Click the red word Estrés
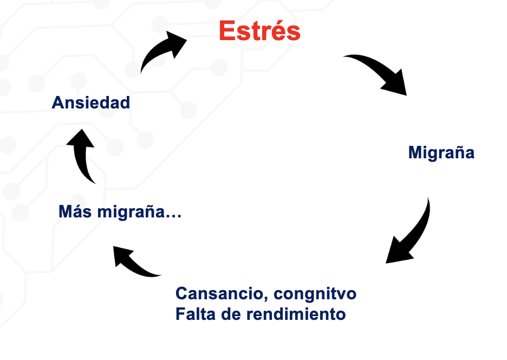[x=259, y=31]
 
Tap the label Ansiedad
[x=91, y=102]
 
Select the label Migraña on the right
[x=441, y=152]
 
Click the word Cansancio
[x=219, y=294]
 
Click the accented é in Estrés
[x=275, y=31]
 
